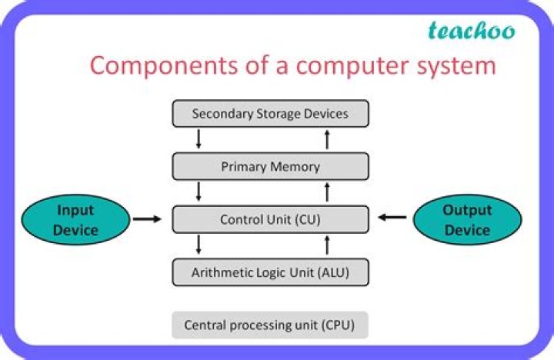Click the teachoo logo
point(471,32)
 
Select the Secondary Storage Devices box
point(270,114)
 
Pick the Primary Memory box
point(270,166)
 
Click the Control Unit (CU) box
point(270,219)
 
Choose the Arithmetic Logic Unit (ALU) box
point(270,272)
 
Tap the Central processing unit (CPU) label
point(270,325)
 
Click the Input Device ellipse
point(76,219)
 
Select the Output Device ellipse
point(467,219)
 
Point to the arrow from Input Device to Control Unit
point(147,219)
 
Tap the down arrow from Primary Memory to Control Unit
point(199,192)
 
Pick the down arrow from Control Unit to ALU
point(199,245)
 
